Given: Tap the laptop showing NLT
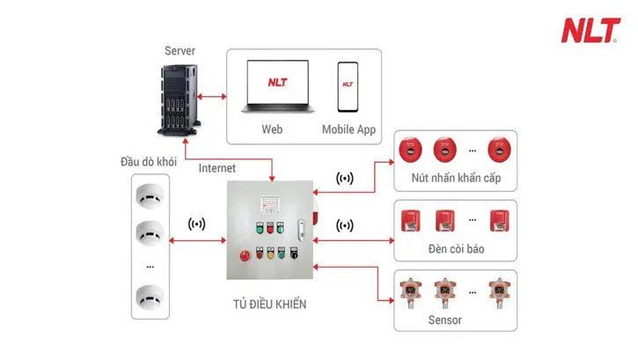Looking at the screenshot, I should click(x=276, y=88).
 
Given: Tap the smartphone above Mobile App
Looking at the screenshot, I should click(x=348, y=87).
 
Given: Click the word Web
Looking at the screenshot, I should click(x=272, y=129).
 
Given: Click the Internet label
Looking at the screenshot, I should click(x=218, y=167).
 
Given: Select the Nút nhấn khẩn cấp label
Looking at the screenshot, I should click(x=454, y=180).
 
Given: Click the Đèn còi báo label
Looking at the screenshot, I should click(x=454, y=249).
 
